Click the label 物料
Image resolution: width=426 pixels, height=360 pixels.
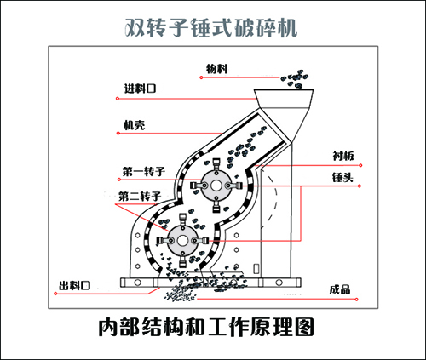click(217, 68)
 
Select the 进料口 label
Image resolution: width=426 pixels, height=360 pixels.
click(141, 89)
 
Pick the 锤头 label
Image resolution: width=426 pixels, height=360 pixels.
click(343, 178)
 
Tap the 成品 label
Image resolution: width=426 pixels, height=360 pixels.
click(338, 287)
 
